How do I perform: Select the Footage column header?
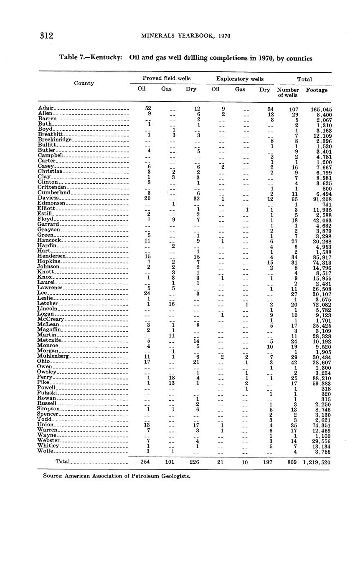[317, 90]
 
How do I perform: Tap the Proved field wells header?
[166, 78]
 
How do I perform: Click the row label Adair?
[46, 109]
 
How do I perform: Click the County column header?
[84, 83]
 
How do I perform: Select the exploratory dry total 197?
[264, 462]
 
